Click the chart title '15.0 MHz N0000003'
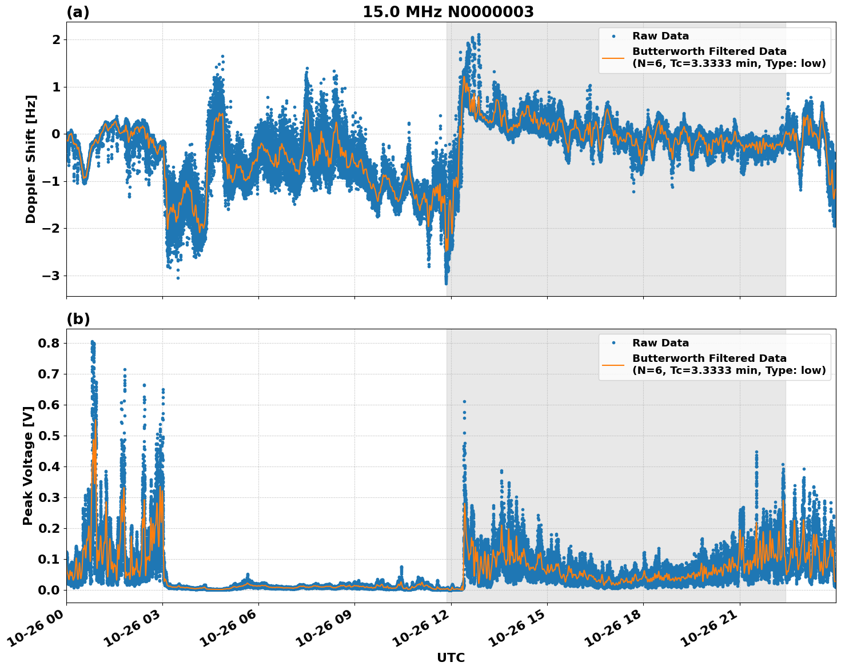[x=448, y=12]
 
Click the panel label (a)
[x=78, y=12]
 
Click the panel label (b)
[x=78, y=319]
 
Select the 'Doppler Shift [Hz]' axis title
[x=31, y=159]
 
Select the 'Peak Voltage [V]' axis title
[x=28, y=465]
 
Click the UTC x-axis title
[x=451, y=657]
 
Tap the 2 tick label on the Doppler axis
[x=56, y=40]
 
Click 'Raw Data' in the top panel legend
[x=660, y=36]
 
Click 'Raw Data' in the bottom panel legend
[x=660, y=343]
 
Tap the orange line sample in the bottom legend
[x=614, y=364]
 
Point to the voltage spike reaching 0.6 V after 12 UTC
[x=464, y=402]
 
